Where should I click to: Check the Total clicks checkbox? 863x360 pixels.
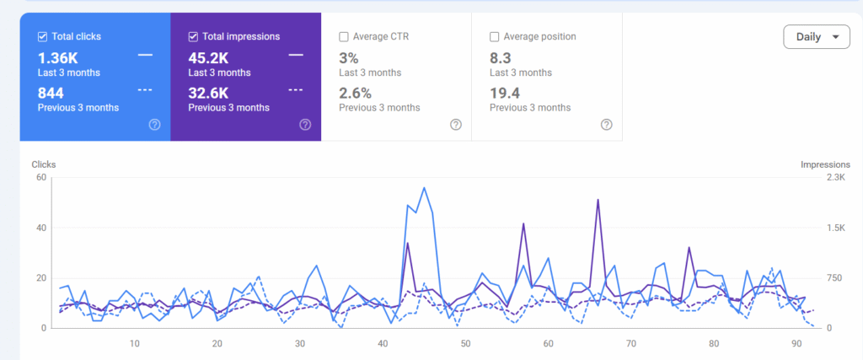pyautogui.click(x=42, y=37)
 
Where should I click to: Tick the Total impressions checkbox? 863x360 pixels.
pyautogui.click(x=193, y=37)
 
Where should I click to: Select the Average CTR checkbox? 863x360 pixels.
pyautogui.click(x=344, y=37)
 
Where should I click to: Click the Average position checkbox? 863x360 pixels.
pyautogui.click(x=495, y=37)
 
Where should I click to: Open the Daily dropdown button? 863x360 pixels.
pyautogui.click(x=816, y=37)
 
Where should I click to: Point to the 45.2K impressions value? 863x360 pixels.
pyautogui.click(x=207, y=57)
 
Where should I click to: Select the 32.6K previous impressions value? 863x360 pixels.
pyautogui.click(x=207, y=92)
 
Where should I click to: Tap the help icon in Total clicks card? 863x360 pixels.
pyautogui.click(x=154, y=125)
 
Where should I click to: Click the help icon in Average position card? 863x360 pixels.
pyautogui.click(x=606, y=125)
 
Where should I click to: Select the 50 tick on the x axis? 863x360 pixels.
pyautogui.click(x=465, y=344)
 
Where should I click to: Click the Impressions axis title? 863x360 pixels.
pyautogui.click(x=825, y=164)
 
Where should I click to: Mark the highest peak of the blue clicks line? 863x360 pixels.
pyautogui.click(x=424, y=188)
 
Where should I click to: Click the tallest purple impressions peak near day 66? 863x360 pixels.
pyautogui.click(x=598, y=200)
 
